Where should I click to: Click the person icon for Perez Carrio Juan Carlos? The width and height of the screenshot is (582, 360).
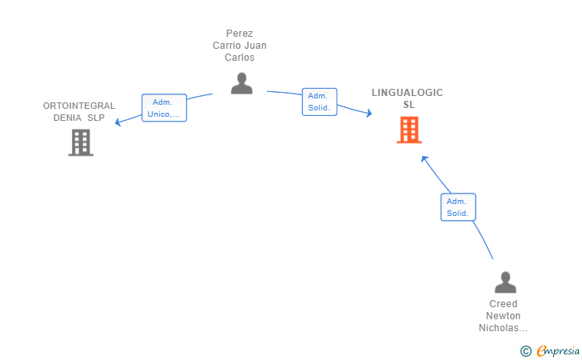[x=241, y=83]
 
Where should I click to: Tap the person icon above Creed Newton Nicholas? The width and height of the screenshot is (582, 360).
[x=504, y=282]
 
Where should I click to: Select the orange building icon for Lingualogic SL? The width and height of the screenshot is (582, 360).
[x=409, y=130]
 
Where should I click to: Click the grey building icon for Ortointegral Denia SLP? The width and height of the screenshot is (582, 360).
[x=81, y=142]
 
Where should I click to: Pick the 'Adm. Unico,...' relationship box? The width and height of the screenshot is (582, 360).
[x=164, y=108]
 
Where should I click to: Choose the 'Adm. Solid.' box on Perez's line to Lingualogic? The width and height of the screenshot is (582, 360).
[x=319, y=102]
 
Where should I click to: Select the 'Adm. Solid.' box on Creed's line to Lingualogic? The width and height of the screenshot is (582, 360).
[x=458, y=207]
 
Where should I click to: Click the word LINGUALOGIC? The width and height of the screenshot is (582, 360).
[x=407, y=93]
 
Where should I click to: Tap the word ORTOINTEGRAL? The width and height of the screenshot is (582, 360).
[x=79, y=106]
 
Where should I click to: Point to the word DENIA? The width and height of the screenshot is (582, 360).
[x=67, y=118]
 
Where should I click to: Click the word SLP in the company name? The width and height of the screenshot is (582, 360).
[x=96, y=118]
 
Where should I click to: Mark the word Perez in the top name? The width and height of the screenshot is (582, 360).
[x=240, y=34]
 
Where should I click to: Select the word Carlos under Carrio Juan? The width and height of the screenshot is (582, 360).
[x=240, y=58]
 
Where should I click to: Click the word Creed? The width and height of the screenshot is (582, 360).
[x=504, y=304]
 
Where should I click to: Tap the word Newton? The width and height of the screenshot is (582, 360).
[x=504, y=316]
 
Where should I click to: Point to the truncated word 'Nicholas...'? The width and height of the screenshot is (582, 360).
[x=504, y=328]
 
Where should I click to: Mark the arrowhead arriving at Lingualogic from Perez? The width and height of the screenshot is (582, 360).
[x=369, y=114]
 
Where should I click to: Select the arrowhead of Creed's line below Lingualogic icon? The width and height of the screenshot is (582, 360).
[x=425, y=158]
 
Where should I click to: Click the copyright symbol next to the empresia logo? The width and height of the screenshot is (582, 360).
[x=525, y=350]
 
